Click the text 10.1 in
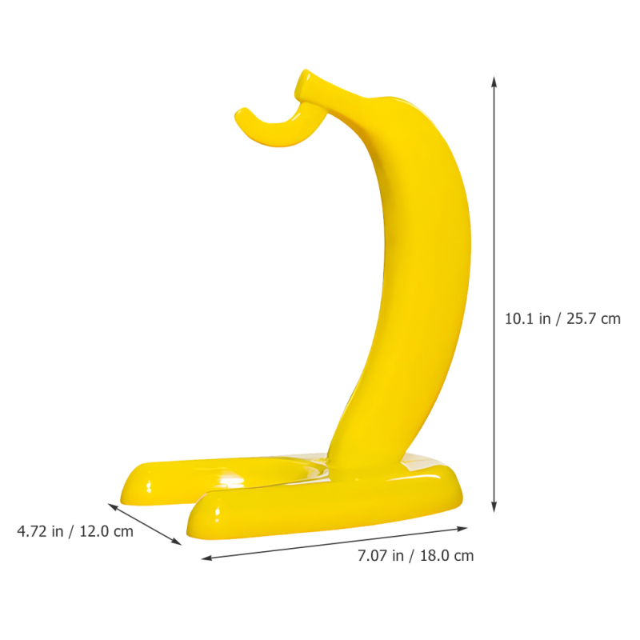[x=527, y=318]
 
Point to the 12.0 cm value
[x=106, y=530]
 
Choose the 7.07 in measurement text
[x=381, y=555]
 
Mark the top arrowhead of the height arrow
[x=494, y=81]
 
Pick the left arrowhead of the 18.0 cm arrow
[x=206, y=558]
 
